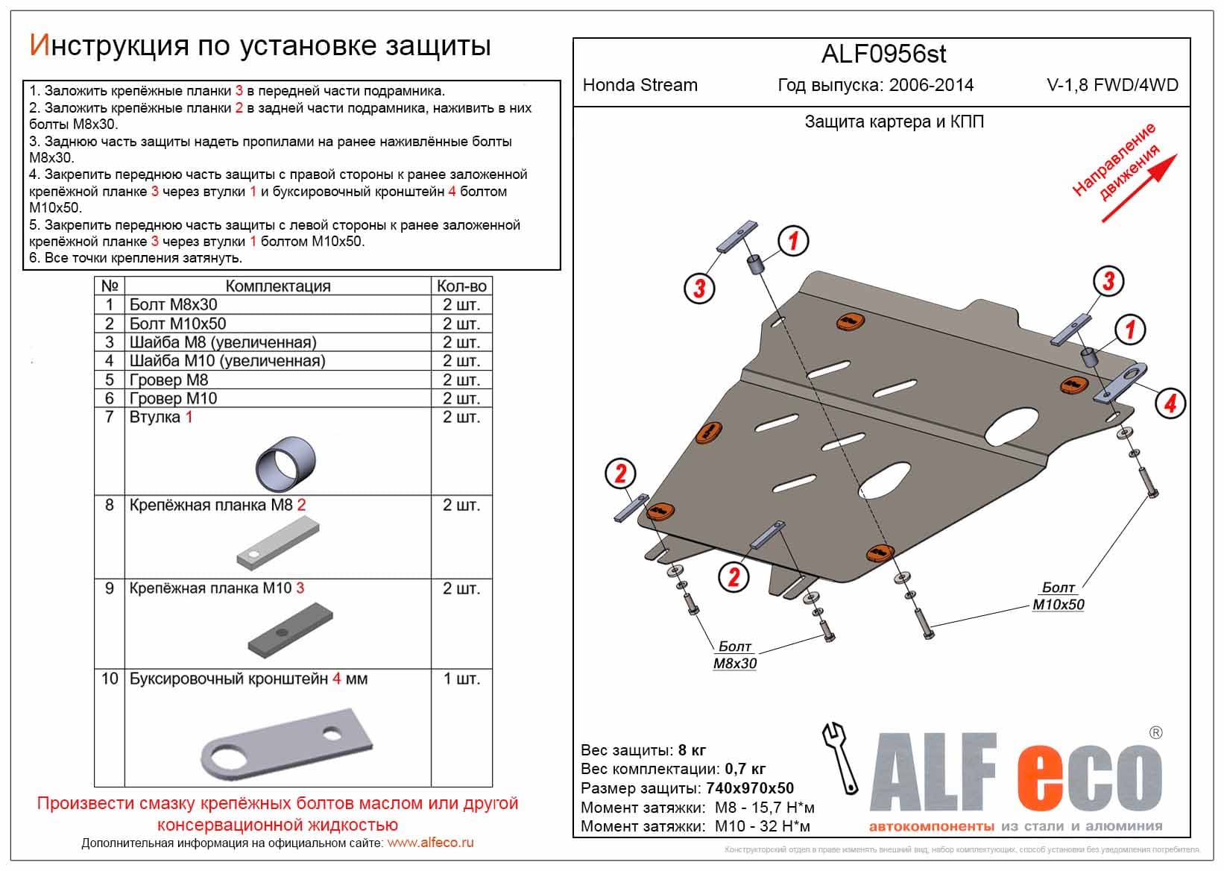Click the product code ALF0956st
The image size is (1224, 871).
(883, 54)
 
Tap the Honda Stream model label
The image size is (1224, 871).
(640, 85)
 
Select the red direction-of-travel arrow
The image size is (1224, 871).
(1139, 189)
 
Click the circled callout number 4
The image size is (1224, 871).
(1170, 403)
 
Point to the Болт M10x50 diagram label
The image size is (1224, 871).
(1058, 597)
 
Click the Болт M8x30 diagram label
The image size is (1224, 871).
(734, 655)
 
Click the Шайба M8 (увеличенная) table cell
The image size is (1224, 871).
(223, 342)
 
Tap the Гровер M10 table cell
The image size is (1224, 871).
(173, 398)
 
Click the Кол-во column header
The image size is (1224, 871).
(461, 286)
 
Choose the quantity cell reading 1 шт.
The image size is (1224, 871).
(461, 679)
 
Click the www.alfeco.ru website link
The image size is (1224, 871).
(430, 843)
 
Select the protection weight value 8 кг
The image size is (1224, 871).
(692, 750)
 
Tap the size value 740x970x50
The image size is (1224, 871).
(749, 788)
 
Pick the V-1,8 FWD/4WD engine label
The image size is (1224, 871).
(1112, 85)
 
